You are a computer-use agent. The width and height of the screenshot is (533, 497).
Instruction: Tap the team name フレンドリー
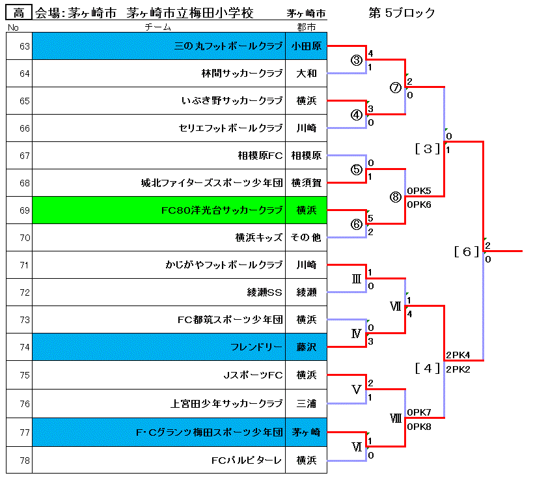[x=256, y=347]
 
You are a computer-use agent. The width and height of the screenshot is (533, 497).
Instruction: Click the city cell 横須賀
[x=306, y=183]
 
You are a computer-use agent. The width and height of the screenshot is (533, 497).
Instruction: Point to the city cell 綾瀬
[x=306, y=292]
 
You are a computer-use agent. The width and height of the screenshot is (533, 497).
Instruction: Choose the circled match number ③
[x=356, y=60]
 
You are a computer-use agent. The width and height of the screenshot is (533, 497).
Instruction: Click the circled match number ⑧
[x=396, y=197]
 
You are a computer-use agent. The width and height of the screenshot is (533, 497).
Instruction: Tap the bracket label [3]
[x=428, y=149]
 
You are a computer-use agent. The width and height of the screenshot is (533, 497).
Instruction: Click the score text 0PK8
[x=419, y=427]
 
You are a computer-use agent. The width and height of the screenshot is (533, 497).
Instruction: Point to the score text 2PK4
[x=458, y=355]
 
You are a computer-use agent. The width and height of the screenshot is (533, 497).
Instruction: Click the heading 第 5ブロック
[x=402, y=13]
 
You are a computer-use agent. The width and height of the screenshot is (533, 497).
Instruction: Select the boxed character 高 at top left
[x=19, y=13]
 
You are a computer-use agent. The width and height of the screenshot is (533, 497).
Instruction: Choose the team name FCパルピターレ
[x=247, y=461]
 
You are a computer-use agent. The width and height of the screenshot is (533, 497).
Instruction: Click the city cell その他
[x=306, y=238]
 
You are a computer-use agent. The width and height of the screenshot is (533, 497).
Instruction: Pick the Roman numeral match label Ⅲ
[x=356, y=279]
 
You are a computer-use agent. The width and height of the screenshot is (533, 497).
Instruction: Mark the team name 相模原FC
[x=260, y=156]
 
